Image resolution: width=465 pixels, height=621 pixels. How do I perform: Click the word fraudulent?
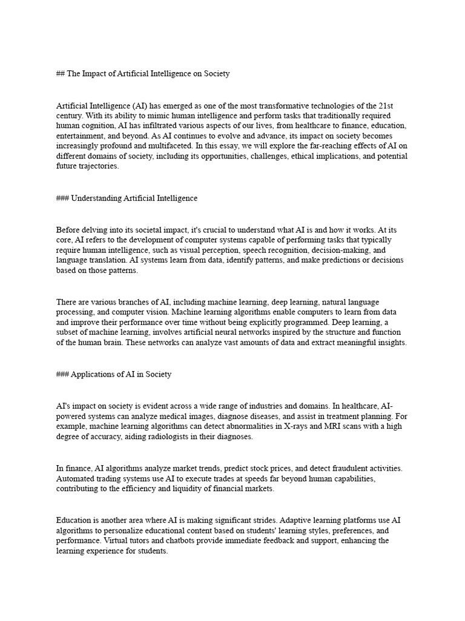pos(352,469)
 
